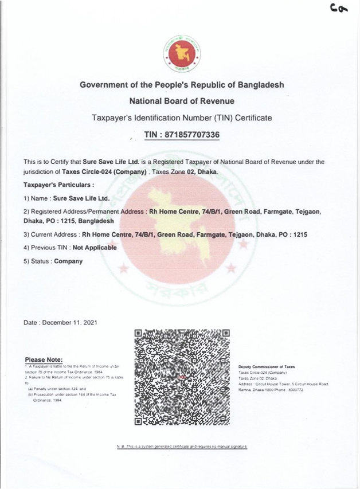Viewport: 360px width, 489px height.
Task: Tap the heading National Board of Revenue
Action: [x=182, y=101]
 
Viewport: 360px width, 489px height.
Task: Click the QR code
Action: [x=182, y=377]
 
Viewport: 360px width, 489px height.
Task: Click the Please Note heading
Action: [x=44, y=359]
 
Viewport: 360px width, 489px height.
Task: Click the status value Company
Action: [x=68, y=261]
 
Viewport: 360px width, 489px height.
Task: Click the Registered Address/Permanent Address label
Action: [x=87, y=212]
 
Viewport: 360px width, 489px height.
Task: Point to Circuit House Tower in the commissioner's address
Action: [x=273, y=384]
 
